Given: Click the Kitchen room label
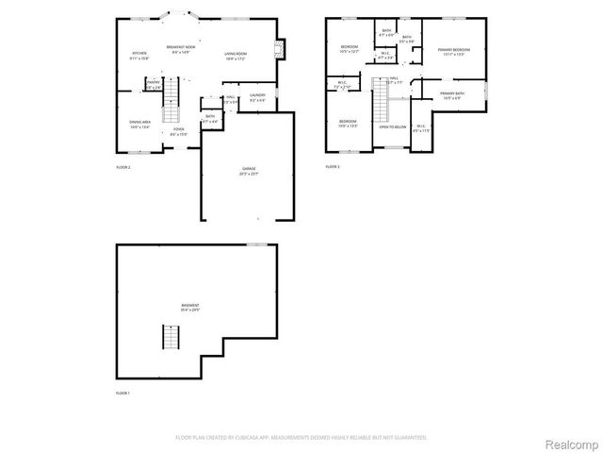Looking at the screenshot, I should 139,55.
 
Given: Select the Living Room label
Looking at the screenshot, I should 236,54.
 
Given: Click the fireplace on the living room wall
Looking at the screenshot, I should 279,49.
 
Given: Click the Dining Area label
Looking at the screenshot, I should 139,124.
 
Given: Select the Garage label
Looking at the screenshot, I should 248,170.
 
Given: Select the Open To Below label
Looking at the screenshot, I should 393,126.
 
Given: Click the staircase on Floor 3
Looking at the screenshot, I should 380,104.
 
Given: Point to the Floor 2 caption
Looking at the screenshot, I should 122,167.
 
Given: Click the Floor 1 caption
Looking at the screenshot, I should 122,393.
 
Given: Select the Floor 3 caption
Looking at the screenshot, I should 332,167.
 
